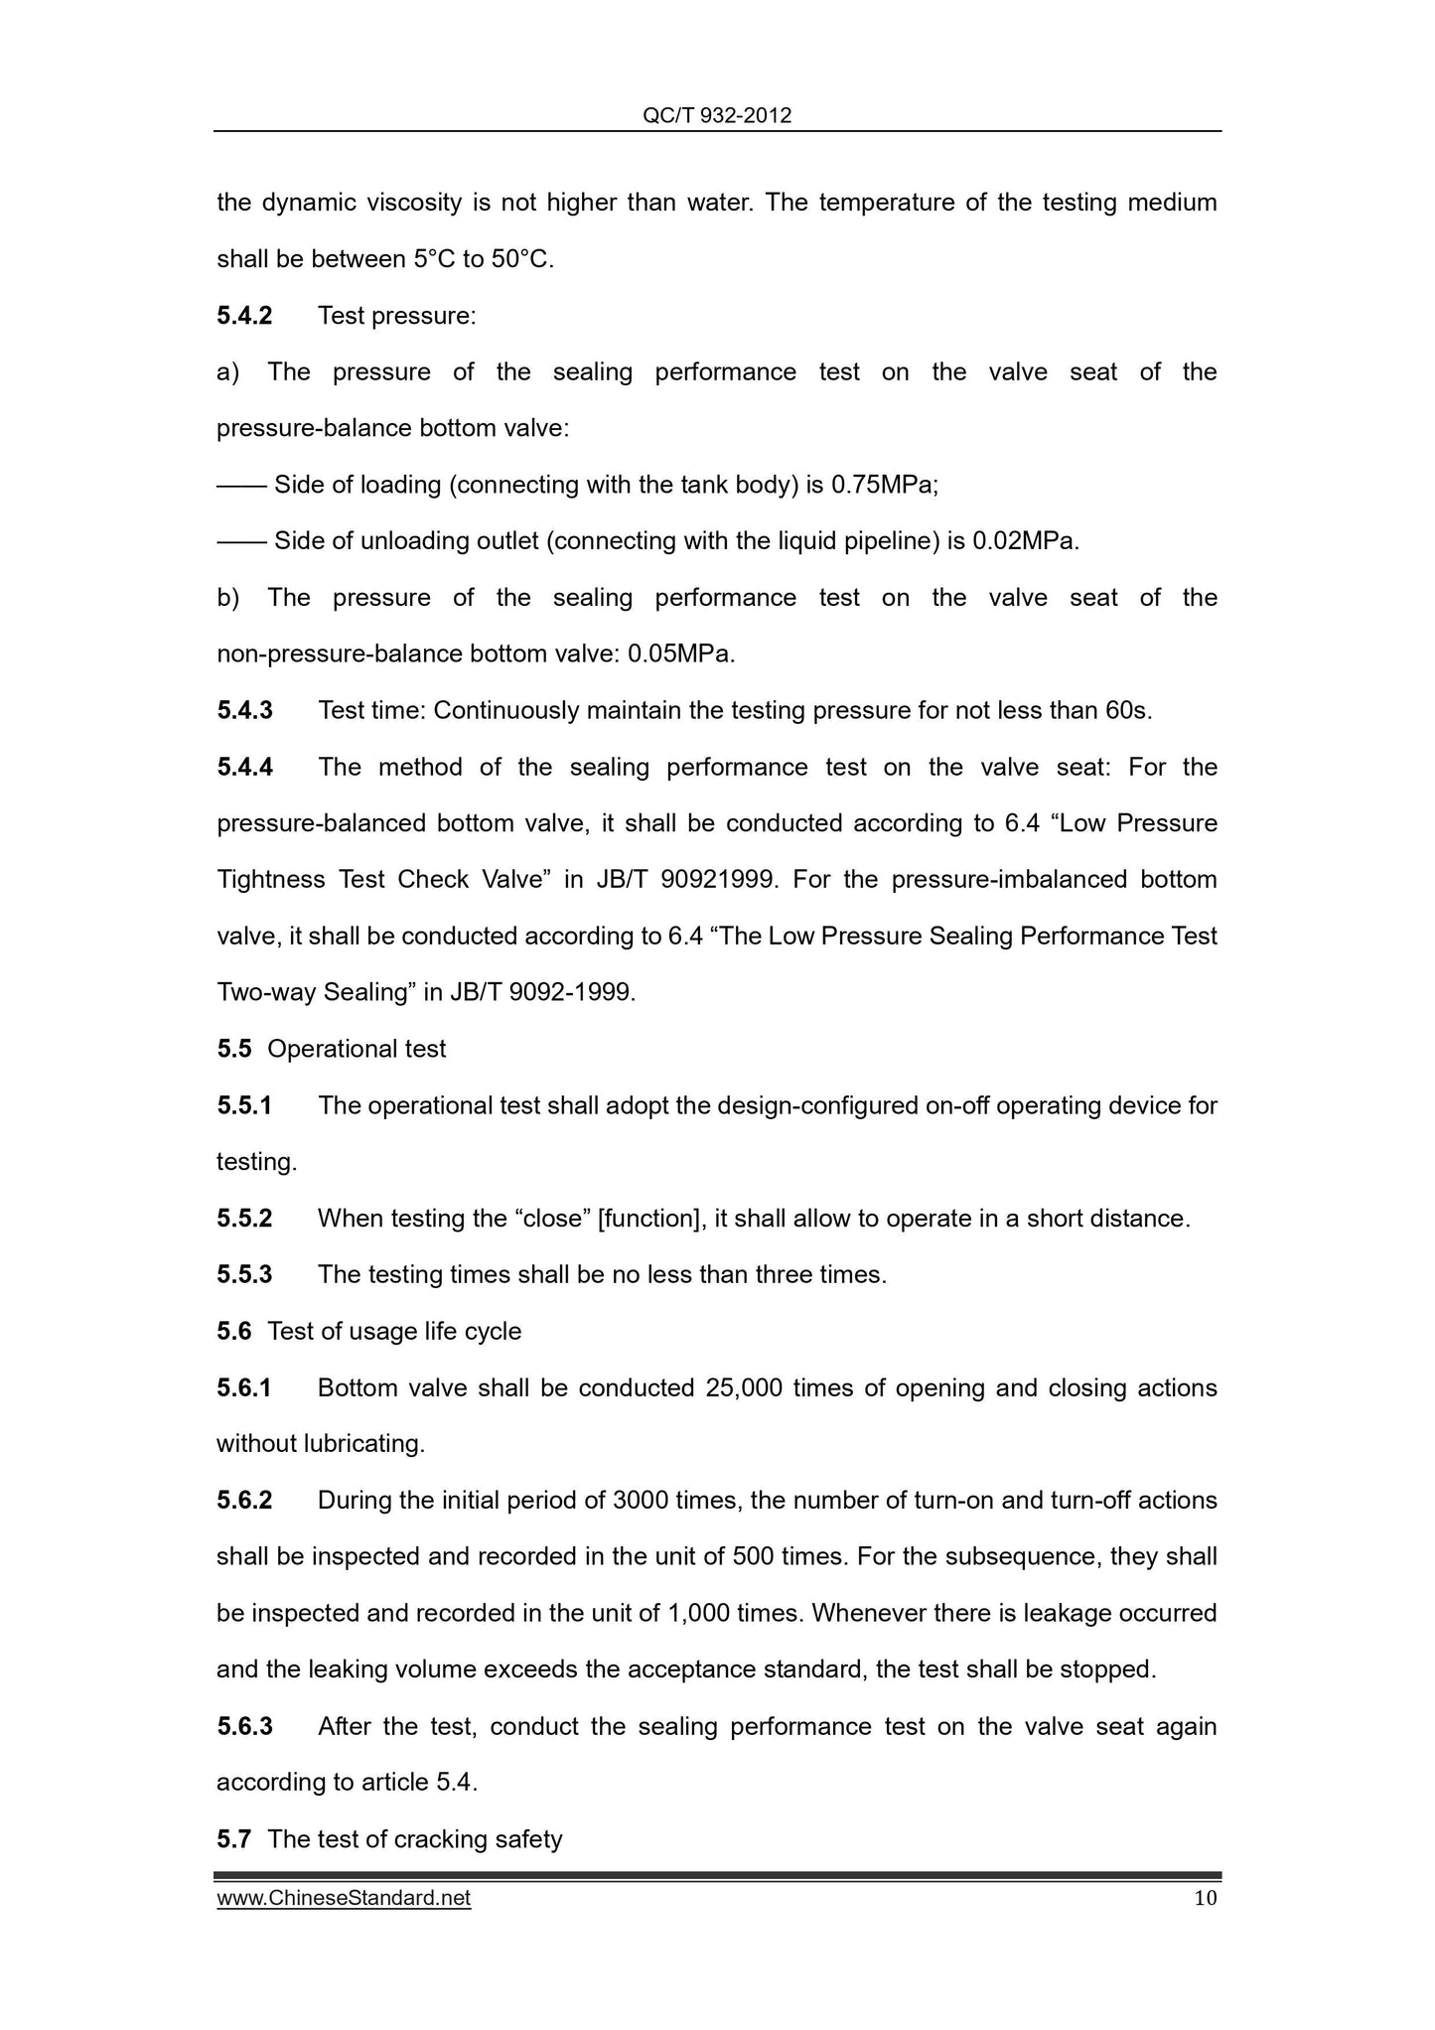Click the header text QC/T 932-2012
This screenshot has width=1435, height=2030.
point(717,116)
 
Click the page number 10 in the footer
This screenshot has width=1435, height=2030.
point(1205,1898)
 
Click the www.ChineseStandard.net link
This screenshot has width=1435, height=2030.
point(344,1898)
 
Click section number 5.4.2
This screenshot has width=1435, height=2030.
point(244,316)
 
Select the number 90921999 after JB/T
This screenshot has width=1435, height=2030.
point(714,880)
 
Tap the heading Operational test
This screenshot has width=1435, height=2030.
point(357,1049)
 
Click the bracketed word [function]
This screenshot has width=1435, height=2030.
point(650,1219)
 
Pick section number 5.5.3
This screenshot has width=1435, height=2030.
point(244,1275)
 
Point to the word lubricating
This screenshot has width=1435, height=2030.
point(363,1444)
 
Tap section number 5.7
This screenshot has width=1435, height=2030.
point(233,1839)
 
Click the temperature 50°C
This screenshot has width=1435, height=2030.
point(521,260)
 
